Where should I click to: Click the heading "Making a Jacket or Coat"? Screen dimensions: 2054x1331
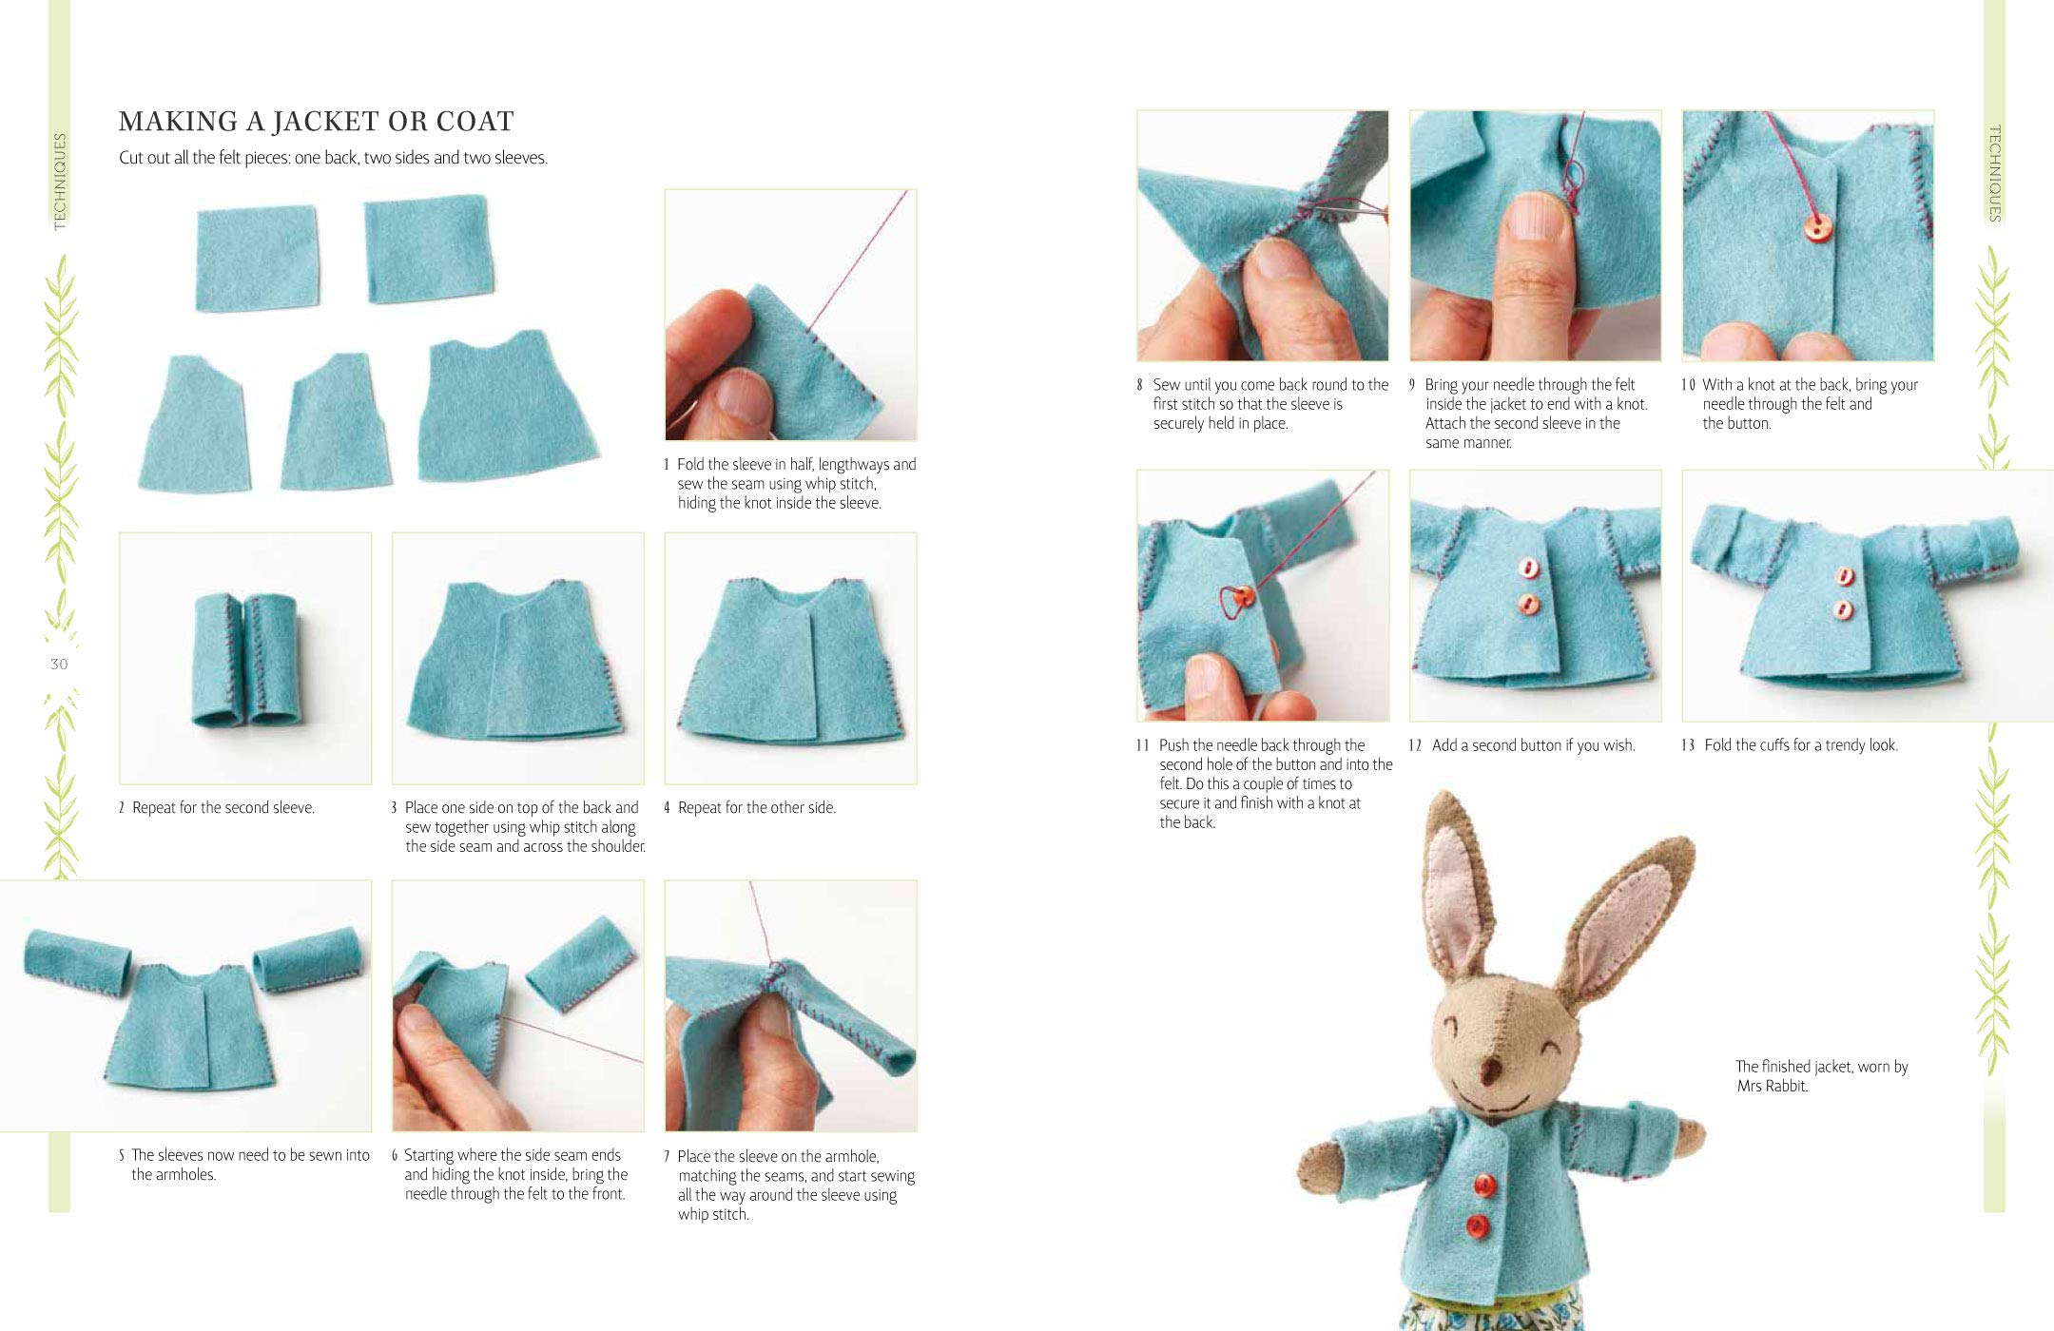pos(316,122)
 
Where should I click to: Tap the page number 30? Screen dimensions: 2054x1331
pos(59,665)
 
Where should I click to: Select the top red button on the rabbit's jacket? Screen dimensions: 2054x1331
pos(1483,1185)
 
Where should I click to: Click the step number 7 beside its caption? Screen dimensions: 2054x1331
pos(668,1157)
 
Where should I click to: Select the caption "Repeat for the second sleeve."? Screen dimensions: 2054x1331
pos(223,808)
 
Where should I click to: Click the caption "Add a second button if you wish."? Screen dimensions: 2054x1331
pos(1533,745)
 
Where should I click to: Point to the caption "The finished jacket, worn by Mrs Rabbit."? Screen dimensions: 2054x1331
pos(1821,1076)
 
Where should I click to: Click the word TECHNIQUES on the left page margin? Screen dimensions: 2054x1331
pos(61,182)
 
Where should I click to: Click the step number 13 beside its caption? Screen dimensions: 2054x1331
pos(1688,745)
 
